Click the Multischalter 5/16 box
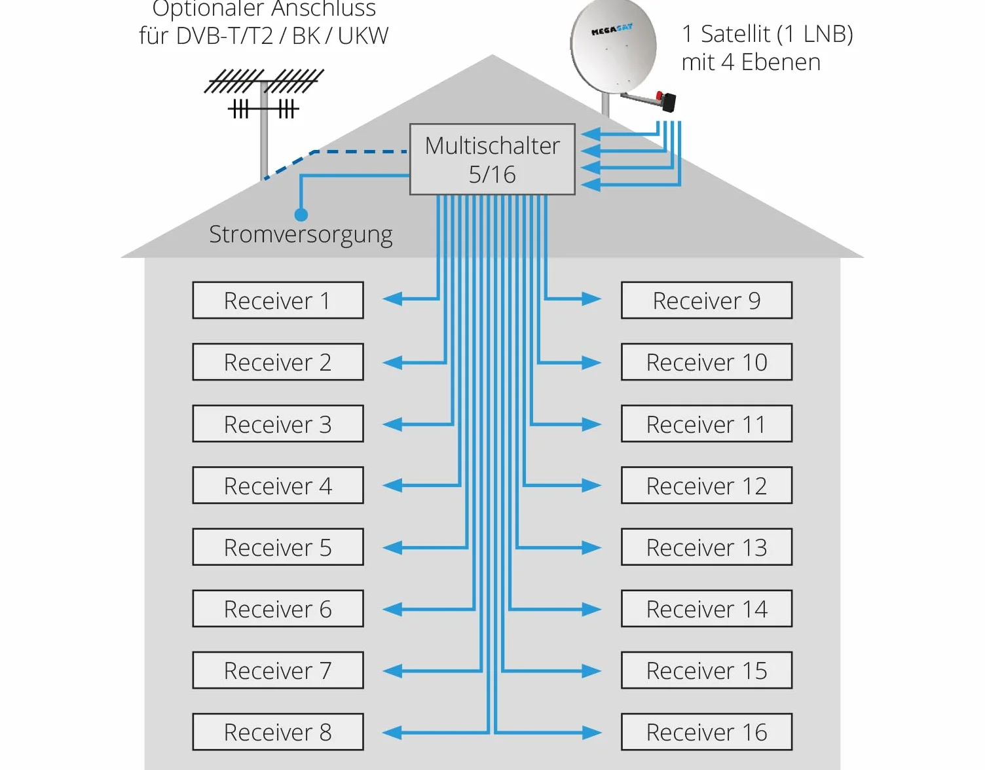pos(492,159)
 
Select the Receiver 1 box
pos(278,300)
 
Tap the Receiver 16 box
pos(707,732)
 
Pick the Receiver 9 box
pos(707,300)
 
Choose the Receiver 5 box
pos(278,547)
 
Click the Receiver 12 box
pos(707,485)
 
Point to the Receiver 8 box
pos(278,732)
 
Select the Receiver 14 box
pos(707,608)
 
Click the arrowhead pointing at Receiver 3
pos(392,424)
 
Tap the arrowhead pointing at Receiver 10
pos(592,363)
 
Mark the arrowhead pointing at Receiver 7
pos(392,670)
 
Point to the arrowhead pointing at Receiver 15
pos(592,670)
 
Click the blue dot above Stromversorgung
pos(301,214)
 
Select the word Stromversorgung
pos(301,235)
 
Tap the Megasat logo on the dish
pos(612,30)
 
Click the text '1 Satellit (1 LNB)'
pos(767,34)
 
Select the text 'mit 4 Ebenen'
pos(751,62)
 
